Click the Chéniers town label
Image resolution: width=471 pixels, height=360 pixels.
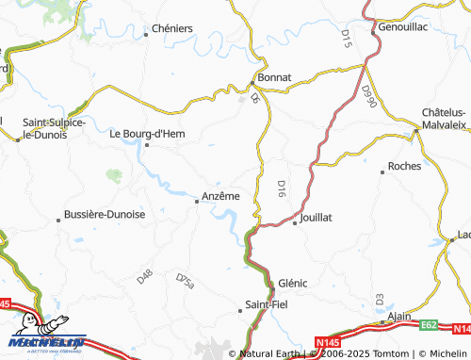click(x=171, y=28)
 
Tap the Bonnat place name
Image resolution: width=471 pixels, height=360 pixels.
click(x=275, y=75)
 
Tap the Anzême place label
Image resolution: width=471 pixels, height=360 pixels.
click(x=221, y=196)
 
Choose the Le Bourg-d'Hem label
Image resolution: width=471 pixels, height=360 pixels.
click(x=147, y=134)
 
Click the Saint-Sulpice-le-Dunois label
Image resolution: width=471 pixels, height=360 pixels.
click(x=54, y=128)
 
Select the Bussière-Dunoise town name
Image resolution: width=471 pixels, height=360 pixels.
click(x=104, y=214)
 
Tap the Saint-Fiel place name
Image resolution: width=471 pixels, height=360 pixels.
click(x=266, y=303)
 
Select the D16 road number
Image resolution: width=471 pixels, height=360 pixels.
click(x=281, y=188)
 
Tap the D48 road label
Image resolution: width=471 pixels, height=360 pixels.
click(x=144, y=277)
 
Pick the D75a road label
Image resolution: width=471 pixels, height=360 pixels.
click(x=185, y=280)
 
